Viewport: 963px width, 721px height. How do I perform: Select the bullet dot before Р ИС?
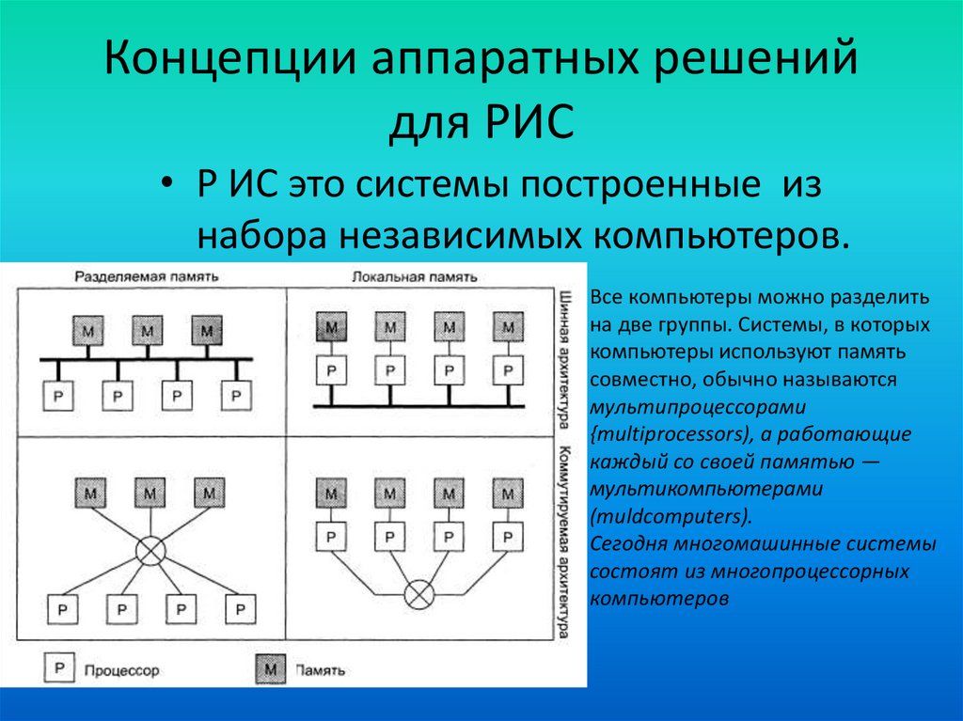pos(167,184)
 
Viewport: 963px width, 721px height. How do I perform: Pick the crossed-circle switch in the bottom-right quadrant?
pos(418,594)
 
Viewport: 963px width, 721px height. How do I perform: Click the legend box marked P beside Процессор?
pos(57,669)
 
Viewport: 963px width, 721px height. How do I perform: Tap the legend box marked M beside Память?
pos(271,669)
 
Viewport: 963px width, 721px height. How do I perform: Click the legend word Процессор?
pos(121,671)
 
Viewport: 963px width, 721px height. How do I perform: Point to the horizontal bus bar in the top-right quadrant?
pos(418,404)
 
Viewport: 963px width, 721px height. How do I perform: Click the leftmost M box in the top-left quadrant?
pos(88,331)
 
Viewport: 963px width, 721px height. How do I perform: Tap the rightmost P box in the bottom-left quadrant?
pos(242,608)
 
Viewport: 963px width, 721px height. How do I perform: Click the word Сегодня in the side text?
pos(628,544)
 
